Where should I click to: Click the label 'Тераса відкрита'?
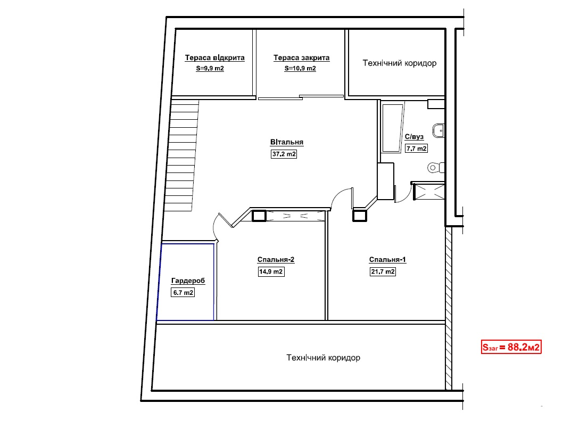point(214,57)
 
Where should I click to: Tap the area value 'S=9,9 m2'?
point(210,69)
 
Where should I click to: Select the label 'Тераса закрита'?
point(302,57)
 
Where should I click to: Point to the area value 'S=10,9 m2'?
point(300,69)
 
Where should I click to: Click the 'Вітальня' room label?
point(287,142)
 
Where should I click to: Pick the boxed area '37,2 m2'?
point(284,154)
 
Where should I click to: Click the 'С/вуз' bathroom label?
point(414,137)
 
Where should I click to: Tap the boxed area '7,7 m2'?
point(416,149)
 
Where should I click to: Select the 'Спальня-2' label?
point(276,260)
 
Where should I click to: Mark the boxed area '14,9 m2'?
point(271,271)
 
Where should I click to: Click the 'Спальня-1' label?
point(387,260)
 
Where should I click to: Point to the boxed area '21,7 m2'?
point(383,271)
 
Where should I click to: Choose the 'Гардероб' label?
point(188,281)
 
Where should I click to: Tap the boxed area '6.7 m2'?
point(183,293)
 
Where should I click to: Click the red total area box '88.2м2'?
point(511,347)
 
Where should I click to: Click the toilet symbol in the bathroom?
point(436,168)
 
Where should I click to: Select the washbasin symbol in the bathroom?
point(438,130)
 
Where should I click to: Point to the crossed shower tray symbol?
point(429,192)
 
